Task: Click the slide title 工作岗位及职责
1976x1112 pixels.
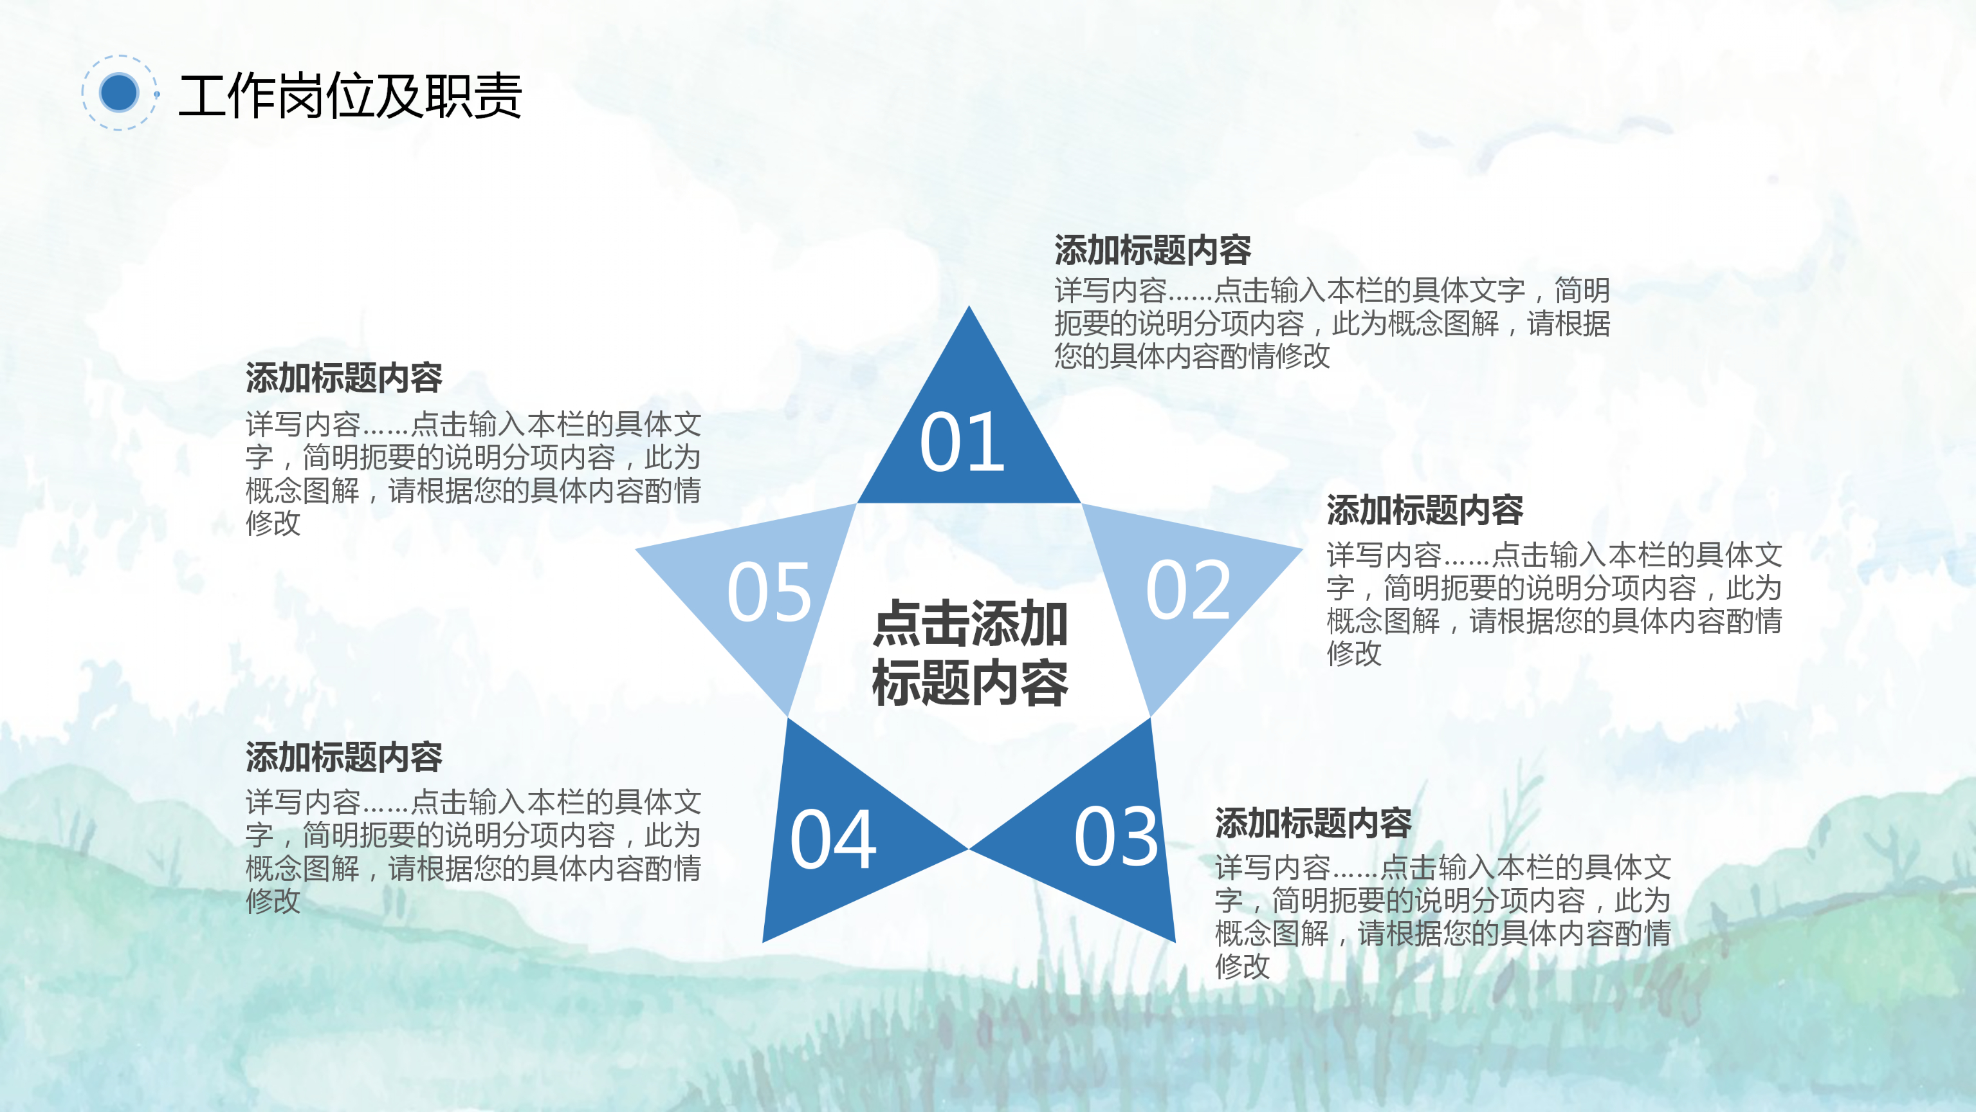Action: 350,96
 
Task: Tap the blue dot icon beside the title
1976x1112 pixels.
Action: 119,93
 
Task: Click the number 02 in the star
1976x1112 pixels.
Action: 1187,590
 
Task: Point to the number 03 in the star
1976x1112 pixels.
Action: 1116,837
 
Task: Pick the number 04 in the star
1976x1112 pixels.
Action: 833,840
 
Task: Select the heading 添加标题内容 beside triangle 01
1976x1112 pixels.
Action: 1152,250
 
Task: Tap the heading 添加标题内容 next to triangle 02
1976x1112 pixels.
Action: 1425,510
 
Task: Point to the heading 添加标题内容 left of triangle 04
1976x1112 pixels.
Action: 343,757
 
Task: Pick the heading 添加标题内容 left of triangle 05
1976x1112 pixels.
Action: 343,378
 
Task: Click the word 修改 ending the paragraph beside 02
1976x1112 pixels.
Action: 1354,654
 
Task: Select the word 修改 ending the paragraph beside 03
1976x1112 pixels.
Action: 1243,966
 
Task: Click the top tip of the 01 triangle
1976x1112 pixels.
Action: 969,310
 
